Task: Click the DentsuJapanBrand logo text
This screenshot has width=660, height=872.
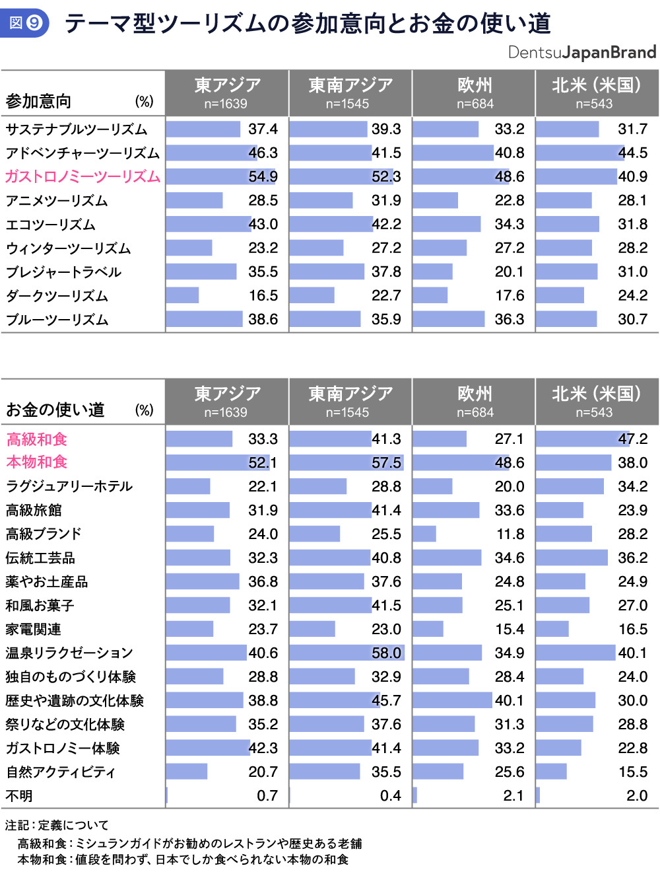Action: (x=581, y=52)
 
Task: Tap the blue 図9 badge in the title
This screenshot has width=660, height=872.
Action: (x=24, y=24)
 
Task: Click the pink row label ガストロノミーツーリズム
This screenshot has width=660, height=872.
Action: (x=82, y=176)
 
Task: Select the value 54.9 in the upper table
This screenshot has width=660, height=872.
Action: (x=263, y=176)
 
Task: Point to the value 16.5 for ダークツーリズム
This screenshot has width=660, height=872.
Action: (x=263, y=295)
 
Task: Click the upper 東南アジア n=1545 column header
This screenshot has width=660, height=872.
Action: (x=350, y=93)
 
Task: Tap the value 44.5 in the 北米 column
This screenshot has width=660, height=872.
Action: (x=632, y=153)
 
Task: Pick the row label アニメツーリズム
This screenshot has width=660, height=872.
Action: (x=57, y=200)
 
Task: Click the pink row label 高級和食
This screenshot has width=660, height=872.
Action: (x=37, y=439)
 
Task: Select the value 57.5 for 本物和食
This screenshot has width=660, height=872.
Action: (x=386, y=462)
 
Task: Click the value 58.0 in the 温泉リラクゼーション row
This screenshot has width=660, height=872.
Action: (x=386, y=653)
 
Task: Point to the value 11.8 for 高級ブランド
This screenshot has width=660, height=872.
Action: (x=510, y=534)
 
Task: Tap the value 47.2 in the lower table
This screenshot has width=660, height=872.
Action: (x=632, y=439)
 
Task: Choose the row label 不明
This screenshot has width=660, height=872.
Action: (x=19, y=796)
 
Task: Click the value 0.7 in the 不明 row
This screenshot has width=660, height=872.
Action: (x=267, y=795)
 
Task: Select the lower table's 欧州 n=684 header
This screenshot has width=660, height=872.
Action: (x=474, y=402)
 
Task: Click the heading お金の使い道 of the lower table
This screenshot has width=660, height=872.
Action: (x=55, y=410)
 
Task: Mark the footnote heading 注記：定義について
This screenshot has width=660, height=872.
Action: (x=57, y=825)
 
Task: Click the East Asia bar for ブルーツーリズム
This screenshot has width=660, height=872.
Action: (x=204, y=319)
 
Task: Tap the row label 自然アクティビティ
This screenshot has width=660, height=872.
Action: (x=61, y=772)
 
